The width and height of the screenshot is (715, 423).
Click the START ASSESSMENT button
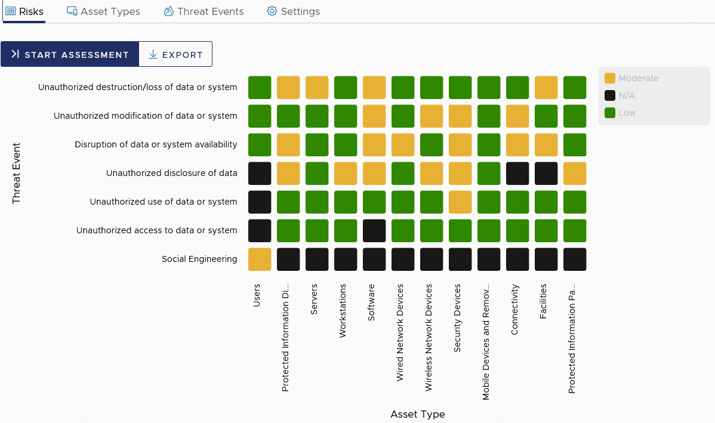point(70,54)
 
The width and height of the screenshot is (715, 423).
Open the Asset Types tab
point(103,11)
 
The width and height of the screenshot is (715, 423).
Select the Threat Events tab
point(204,11)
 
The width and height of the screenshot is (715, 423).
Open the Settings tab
point(293,11)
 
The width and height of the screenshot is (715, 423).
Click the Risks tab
point(24,11)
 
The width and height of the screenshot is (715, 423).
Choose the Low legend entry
point(620,113)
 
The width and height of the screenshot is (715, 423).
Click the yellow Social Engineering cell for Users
point(260,260)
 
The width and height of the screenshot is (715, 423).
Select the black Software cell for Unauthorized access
point(374,231)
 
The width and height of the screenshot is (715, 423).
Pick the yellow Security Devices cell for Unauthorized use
point(460,202)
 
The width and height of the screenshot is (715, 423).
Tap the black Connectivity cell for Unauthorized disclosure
point(517,174)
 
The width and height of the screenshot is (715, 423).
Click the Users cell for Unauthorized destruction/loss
point(260,88)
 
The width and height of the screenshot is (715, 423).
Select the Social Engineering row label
point(199,259)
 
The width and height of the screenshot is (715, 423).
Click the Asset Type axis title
point(417,414)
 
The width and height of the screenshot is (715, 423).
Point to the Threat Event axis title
point(16,173)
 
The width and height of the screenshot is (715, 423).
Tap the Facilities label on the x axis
point(543,301)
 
